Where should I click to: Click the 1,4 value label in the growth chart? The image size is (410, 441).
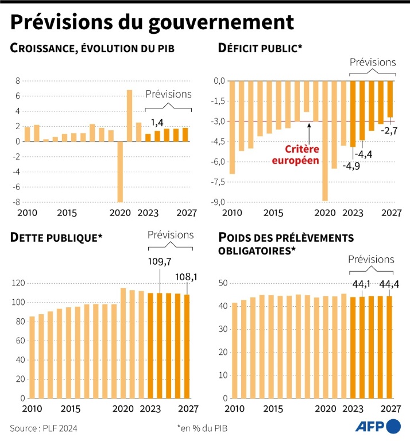coord(157,122)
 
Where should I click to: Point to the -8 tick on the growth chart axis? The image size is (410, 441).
coord(17,202)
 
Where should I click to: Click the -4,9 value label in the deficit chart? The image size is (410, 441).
coord(351,167)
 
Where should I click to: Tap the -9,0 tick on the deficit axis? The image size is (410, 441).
coord(218,202)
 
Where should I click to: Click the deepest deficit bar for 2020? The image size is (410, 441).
coord(324,141)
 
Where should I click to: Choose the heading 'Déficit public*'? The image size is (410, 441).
coord(260,48)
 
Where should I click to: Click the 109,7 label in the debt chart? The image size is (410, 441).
coord(160,262)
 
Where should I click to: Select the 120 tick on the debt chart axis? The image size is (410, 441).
coord(18,283)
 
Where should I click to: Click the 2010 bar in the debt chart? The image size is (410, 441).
coord(32,357)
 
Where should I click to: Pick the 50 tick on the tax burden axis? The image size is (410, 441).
coord(224,283)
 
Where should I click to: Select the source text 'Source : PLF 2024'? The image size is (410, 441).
coord(44,428)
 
